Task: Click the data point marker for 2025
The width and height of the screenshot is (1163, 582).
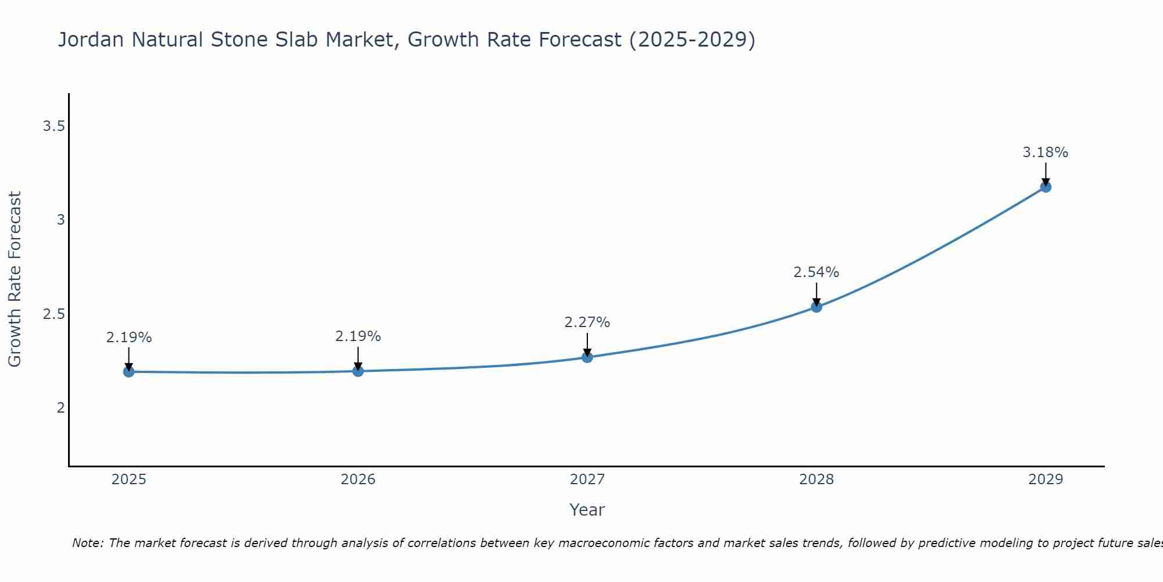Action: [129, 371]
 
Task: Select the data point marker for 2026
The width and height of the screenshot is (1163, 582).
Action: [358, 371]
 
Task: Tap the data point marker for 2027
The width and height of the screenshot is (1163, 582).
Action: [587, 357]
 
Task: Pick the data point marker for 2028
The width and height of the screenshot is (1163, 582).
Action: [816, 307]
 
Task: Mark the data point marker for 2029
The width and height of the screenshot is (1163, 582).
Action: [1046, 187]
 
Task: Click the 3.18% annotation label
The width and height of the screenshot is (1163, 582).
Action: [1046, 152]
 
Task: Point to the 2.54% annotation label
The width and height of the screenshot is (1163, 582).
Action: [816, 272]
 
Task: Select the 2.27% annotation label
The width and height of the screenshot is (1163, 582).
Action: [587, 322]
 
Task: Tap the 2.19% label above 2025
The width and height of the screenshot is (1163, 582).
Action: [129, 338]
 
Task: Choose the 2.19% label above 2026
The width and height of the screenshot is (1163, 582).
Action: [358, 336]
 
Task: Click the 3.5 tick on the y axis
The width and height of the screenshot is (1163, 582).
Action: [53, 126]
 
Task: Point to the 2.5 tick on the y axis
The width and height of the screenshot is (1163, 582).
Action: [53, 314]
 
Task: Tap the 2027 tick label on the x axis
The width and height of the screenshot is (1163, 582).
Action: [587, 480]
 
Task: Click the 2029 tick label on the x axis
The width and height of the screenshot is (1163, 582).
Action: [1046, 480]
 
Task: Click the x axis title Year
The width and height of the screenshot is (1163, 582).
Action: [587, 510]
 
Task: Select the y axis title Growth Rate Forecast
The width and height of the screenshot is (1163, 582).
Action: [15, 279]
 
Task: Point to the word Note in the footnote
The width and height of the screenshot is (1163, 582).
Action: [87, 543]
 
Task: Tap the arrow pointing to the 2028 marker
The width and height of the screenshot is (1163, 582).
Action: [816, 294]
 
